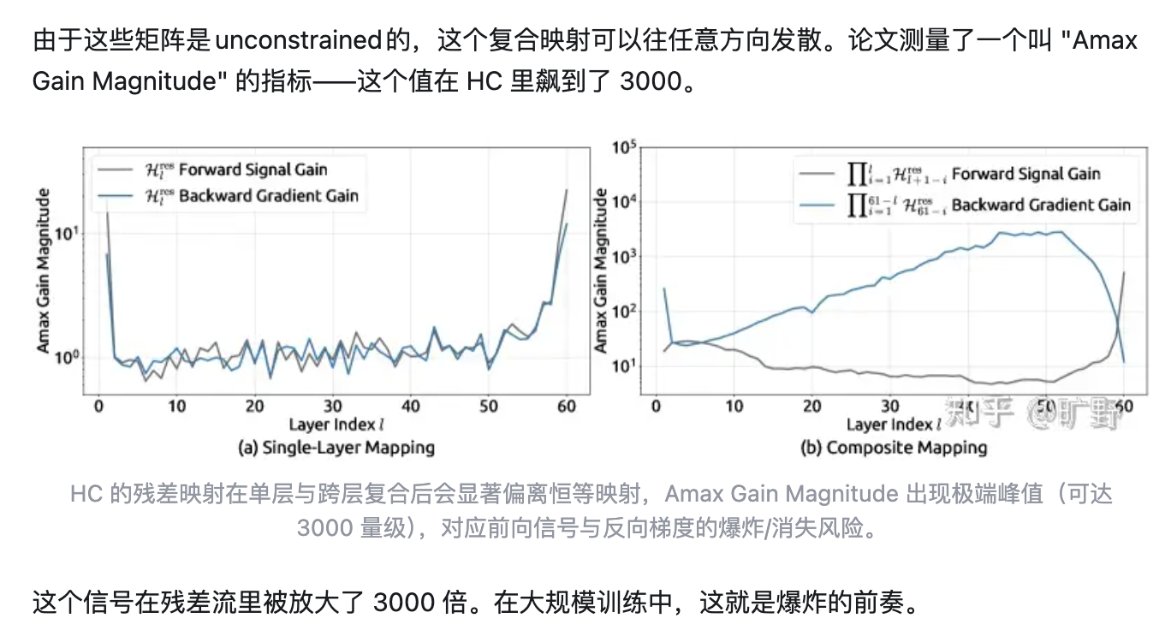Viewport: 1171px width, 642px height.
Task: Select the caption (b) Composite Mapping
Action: [x=893, y=447]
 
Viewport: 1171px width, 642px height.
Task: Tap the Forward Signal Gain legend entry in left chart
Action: [x=253, y=169]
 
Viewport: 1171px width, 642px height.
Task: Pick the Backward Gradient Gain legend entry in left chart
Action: [x=268, y=196]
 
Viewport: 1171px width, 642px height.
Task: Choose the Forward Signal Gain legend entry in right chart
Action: [x=1025, y=174]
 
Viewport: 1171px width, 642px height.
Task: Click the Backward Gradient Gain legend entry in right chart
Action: [x=1041, y=205]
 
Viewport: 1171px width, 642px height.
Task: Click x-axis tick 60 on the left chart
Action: [x=566, y=406]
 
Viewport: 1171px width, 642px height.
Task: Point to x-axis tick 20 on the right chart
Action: [x=812, y=406]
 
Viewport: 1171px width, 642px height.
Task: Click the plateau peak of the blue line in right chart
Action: [x=1061, y=232]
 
